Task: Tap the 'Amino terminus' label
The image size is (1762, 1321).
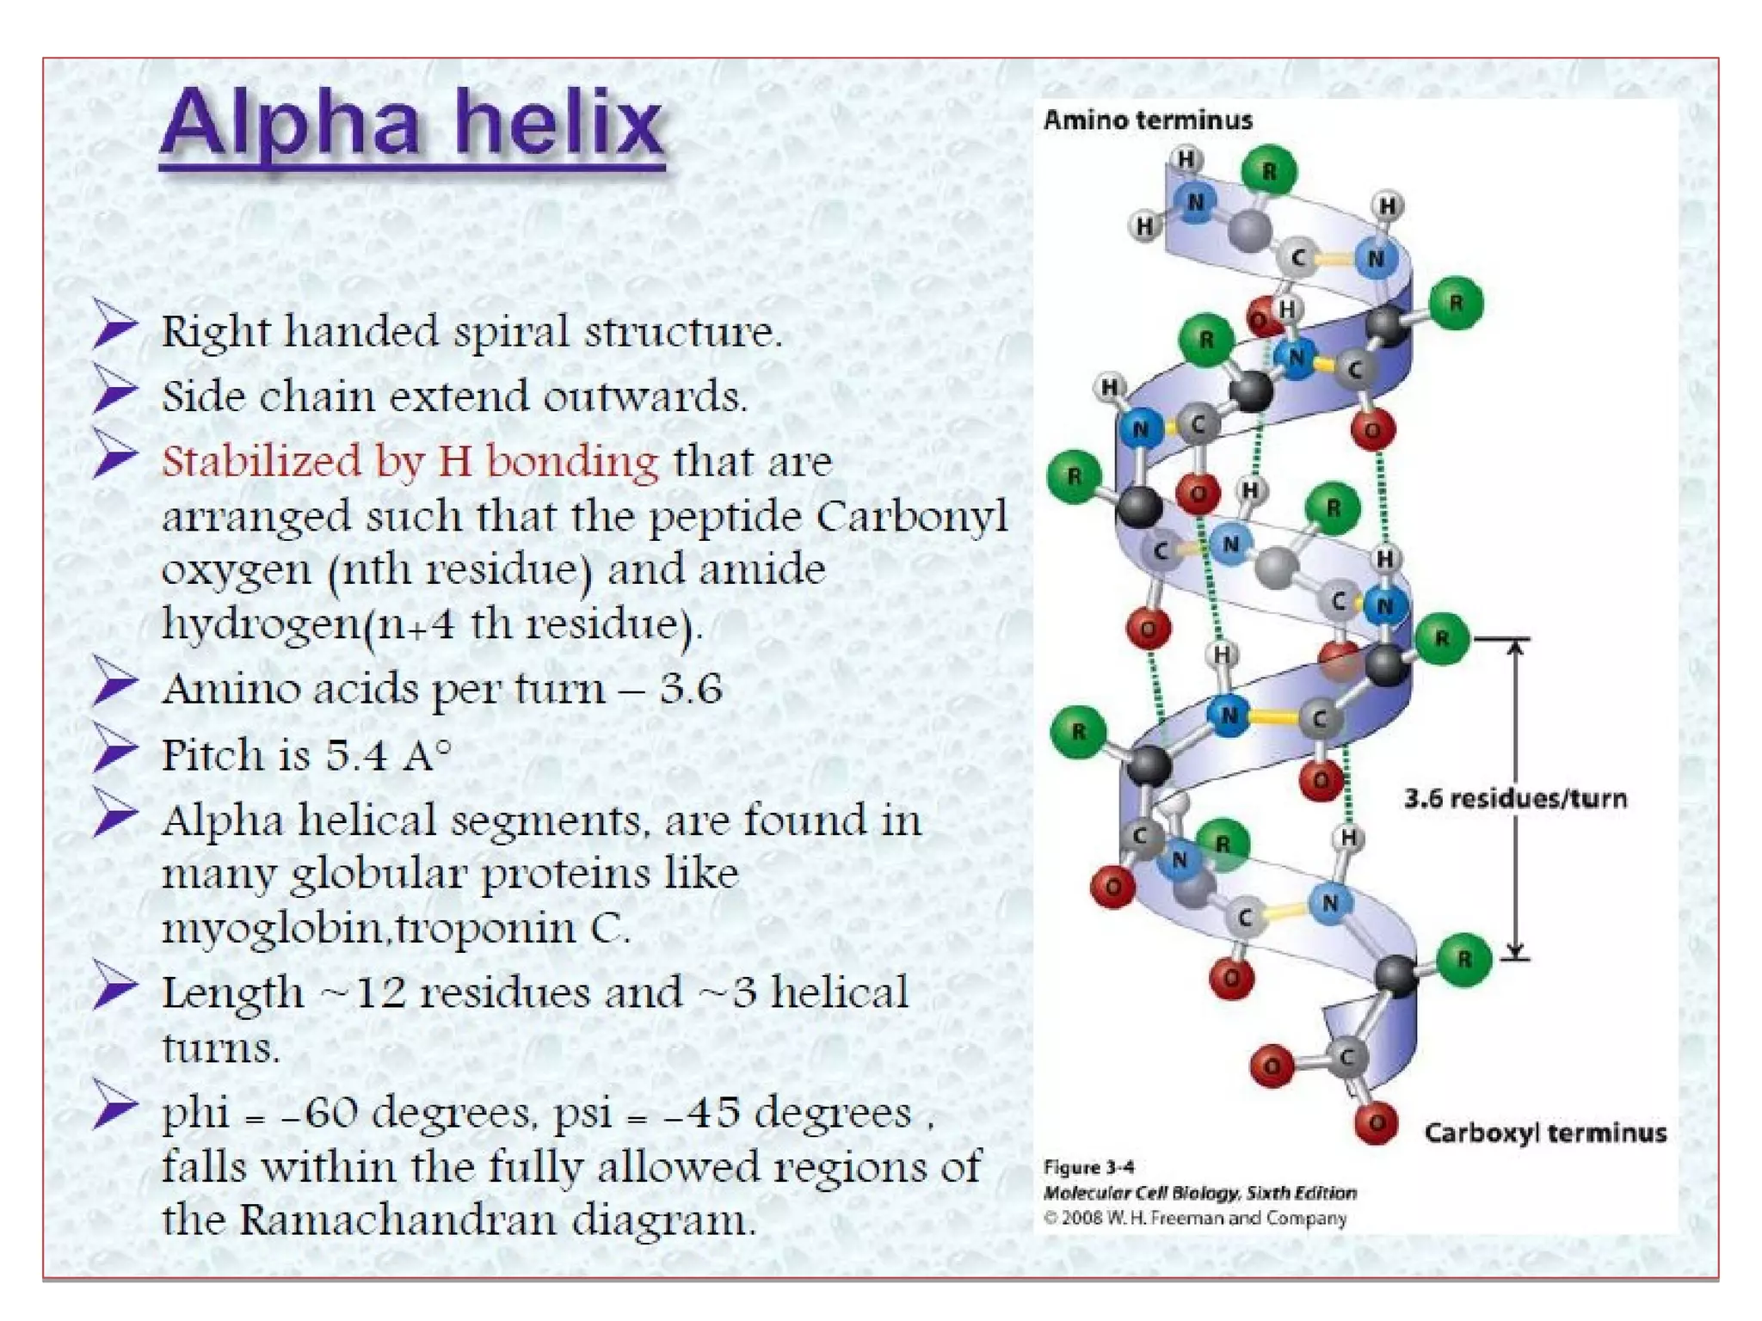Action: pos(1148,120)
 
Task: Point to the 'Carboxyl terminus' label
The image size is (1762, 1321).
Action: pos(1545,1133)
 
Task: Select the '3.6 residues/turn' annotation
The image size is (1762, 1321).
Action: pos(1515,799)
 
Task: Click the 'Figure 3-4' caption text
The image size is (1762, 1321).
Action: pos(1088,1167)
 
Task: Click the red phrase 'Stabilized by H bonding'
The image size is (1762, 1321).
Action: pos(410,461)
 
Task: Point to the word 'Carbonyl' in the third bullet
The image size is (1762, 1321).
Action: pos(911,516)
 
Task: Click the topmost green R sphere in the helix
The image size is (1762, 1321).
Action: pos(1269,171)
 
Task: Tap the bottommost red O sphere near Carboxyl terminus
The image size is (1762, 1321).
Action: pos(1376,1122)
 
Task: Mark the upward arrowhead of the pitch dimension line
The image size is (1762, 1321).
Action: pos(1516,645)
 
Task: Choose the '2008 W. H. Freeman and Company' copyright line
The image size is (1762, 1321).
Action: pos(1195,1218)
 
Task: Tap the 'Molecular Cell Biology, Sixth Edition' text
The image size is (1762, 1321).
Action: pos(1199,1193)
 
